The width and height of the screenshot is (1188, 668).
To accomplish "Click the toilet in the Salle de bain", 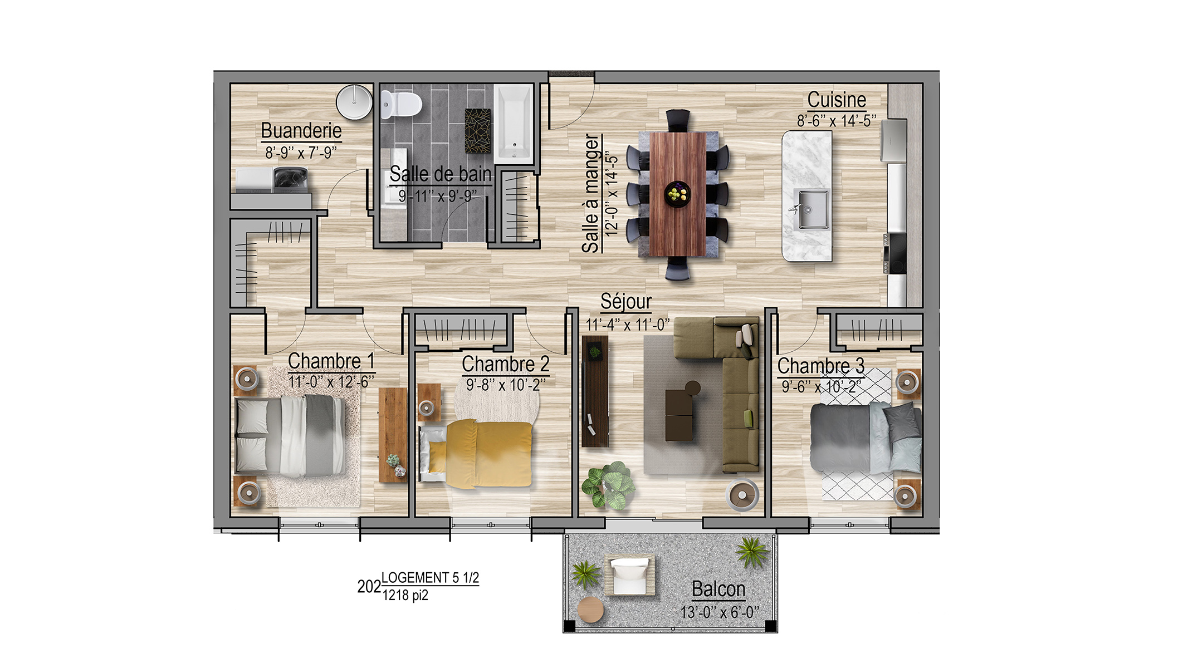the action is pyautogui.click(x=401, y=104).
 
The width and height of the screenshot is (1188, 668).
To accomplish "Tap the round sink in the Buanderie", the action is pyautogui.click(x=354, y=102).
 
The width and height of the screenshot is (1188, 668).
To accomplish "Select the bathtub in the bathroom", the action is pyautogui.click(x=514, y=124).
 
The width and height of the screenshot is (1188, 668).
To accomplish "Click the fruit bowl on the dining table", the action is pyautogui.click(x=678, y=194).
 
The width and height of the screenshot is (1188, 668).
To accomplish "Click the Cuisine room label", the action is pyautogui.click(x=837, y=100).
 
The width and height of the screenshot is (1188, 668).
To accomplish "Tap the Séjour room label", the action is pyautogui.click(x=626, y=302).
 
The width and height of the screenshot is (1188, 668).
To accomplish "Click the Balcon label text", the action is pyautogui.click(x=718, y=589).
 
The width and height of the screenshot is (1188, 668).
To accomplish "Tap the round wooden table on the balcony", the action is pyautogui.click(x=590, y=610).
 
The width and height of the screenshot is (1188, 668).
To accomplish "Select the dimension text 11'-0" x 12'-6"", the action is pyautogui.click(x=331, y=382).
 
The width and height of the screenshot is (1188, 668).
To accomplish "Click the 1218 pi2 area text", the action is pyautogui.click(x=405, y=596).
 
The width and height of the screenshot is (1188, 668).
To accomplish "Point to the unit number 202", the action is pyautogui.click(x=369, y=587).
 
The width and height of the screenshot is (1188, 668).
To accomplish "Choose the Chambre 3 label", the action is pyautogui.click(x=821, y=366).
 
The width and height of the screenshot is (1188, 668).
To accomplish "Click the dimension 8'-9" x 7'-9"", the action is pyautogui.click(x=301, y=153).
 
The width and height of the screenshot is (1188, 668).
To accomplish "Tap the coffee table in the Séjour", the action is pyautogui.click(x=680, y=415).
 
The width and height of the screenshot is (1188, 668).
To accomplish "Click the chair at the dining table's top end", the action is pyautogui.click(x=678, y=119).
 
